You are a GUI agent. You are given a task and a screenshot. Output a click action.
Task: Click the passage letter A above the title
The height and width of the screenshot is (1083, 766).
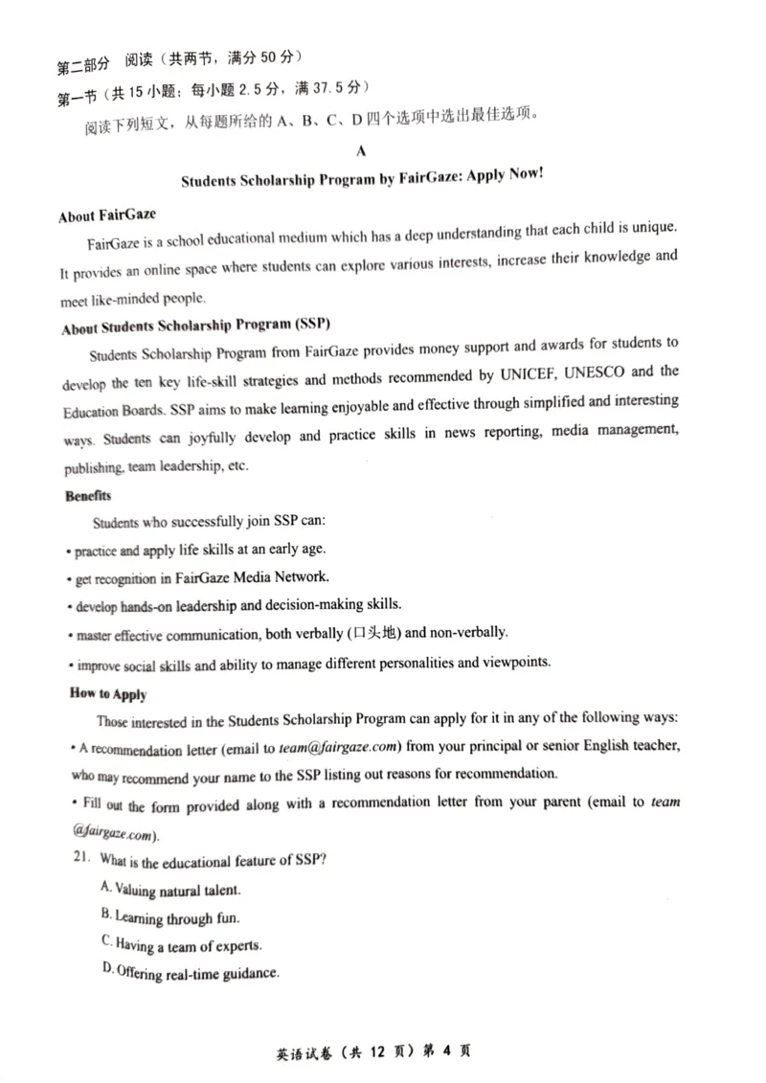361,150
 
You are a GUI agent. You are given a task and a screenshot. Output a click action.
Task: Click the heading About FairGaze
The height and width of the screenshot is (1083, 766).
106,215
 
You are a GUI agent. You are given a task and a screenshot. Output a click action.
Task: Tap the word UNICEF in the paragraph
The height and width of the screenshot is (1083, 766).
561,372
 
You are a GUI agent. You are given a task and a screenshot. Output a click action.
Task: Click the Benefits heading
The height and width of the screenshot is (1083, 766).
88,496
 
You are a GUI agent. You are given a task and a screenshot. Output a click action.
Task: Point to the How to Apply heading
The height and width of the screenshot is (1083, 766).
108,693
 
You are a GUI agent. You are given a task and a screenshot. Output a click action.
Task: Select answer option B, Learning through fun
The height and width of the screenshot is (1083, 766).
169,917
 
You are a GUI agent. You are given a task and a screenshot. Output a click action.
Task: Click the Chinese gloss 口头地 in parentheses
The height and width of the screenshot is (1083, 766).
374,633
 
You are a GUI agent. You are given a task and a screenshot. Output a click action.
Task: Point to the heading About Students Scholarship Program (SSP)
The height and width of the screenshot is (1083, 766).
195,327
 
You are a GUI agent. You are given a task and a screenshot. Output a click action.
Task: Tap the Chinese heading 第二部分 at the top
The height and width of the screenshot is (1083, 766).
84,67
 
